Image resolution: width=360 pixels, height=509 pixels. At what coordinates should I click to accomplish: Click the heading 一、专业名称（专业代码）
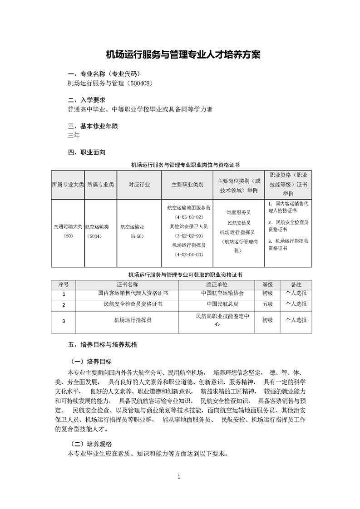tap(104, 74)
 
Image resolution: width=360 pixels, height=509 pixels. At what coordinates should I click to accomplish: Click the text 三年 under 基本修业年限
tap(74, 136)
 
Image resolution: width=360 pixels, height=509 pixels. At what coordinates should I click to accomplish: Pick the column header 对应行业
tap(139, 185)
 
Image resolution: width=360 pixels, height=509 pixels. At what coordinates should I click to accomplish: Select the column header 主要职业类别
tap(187, 185)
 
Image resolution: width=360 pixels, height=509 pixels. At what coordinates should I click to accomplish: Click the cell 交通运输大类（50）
tap(68, 231)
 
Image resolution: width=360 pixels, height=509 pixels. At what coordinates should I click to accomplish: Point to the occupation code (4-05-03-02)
tap(187, 217)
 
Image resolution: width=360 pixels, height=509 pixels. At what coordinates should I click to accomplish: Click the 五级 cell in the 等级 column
tap(267, 304)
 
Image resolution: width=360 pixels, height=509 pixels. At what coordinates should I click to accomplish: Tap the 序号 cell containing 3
tap(64, 321)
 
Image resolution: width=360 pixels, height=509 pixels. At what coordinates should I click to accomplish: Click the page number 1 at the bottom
tap(180, 476)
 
